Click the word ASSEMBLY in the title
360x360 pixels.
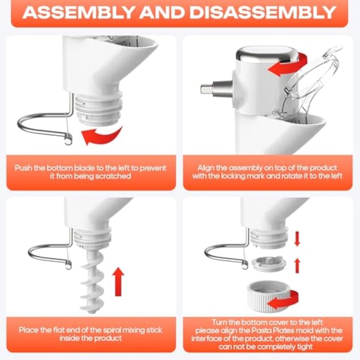pyautogui.click(x=78, y=12)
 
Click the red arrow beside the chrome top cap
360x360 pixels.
pyautogui.click(x=287, y=65)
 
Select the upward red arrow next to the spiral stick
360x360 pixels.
pyautogui.click(x=118, y=282)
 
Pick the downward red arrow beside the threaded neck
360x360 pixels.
pyautogui.click(x=297, y=239)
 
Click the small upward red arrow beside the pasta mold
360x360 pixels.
pyautogui.click(x=297, y=265)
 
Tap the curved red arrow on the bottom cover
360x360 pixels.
pyautogui.click(x=283, y=300)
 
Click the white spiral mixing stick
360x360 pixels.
pyautogui.click(x=92, y=281)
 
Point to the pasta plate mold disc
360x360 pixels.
pyautogui.click(x=269, y=264)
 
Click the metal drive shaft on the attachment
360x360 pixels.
pyautogui.click(x=216, y=89)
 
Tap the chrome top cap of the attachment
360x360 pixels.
pyautogui.click(x=267, y=54)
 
